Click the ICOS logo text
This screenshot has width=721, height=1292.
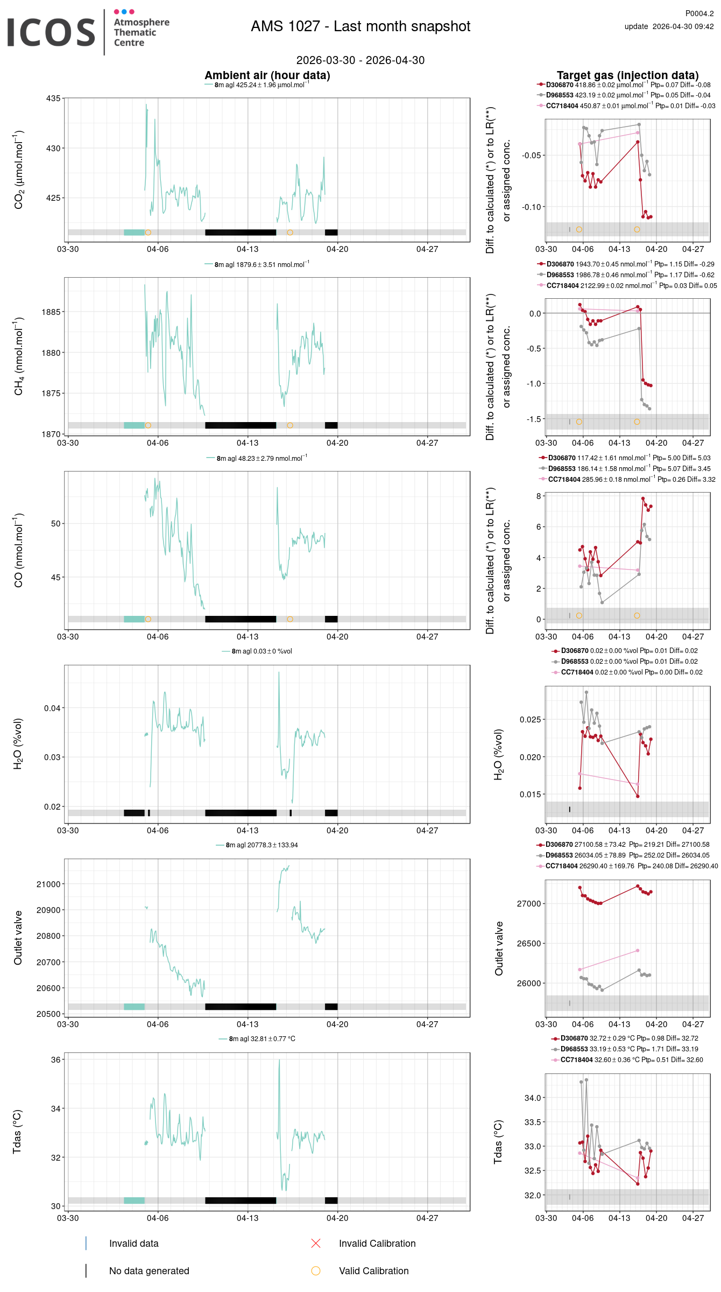51,32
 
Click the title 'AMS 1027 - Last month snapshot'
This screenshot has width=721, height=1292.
360,26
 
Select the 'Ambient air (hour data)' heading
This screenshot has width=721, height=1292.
267,75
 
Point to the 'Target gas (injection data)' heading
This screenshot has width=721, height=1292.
628,75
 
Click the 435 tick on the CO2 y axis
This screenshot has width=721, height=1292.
53,99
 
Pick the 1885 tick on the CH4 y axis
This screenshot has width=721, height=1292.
51,312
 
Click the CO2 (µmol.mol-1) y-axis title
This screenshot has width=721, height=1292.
19,170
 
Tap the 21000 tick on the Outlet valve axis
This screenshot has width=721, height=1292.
48,884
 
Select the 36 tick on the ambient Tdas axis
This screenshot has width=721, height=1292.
56,1059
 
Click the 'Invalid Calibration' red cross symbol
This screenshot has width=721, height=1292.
316,1243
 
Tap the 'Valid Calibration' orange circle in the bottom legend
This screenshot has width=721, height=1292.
316,1270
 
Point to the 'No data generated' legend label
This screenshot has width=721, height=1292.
149,1271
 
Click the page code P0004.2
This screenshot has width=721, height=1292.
699,13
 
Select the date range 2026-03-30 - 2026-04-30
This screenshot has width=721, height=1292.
360,60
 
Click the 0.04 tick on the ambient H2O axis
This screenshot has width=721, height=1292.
52,708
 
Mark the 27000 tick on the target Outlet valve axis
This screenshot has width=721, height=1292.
529,903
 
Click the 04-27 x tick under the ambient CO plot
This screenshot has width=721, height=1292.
427,636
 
